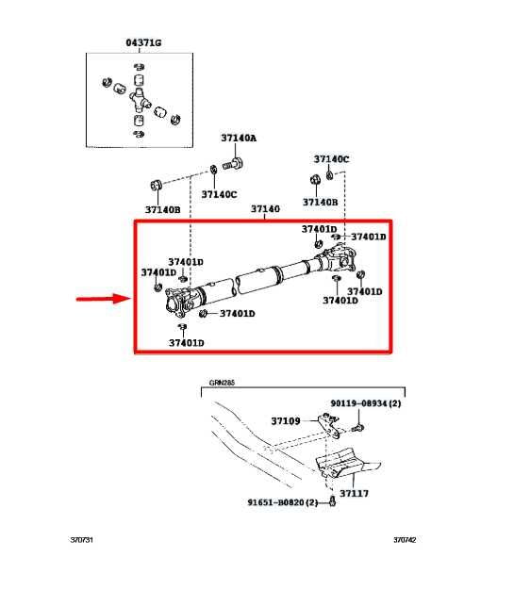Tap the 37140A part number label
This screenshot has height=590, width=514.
click(x=239, y=139)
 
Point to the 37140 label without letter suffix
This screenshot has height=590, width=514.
click(x=265, y=208)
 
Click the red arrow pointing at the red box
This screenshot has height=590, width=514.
click(x=102, y=300)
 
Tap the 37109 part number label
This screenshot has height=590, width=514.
click(x=285, y=421)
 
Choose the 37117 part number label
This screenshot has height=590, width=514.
click(x=354, y=493)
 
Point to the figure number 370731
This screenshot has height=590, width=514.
click(x=82, y=540)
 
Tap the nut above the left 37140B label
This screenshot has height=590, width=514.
click(x=156, y=183)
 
